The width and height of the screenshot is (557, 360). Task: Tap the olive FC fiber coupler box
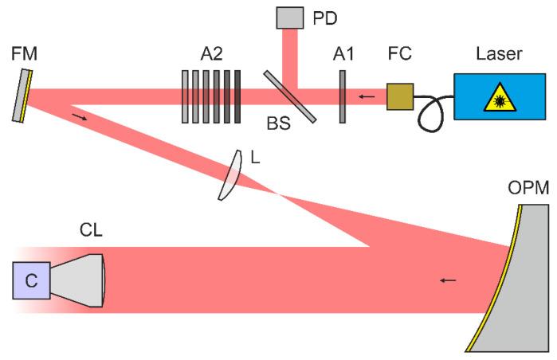400,96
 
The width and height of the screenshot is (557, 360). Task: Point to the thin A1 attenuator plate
342,96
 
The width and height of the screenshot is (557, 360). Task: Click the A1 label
345,55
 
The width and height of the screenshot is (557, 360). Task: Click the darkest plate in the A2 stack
237,96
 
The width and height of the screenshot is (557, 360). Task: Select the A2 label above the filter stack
211,55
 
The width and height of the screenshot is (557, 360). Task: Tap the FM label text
24,55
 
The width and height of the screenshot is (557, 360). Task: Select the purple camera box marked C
31,280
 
